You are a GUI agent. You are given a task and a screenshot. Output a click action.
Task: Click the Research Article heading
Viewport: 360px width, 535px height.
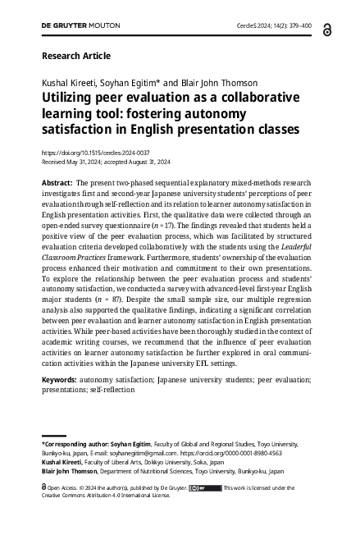pos(75,56)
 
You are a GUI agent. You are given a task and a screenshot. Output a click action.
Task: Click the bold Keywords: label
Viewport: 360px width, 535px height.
pos(60,382)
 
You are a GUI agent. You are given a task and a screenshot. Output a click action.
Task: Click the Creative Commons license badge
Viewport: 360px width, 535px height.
pos(204,487)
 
